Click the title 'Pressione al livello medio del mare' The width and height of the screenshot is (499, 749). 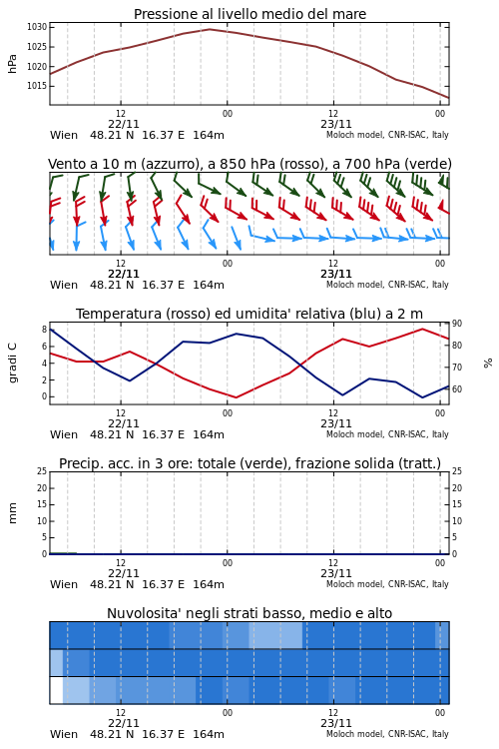(249, 14)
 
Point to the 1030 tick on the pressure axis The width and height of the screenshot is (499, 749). (37, 27)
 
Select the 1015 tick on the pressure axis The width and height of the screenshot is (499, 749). (37, 86)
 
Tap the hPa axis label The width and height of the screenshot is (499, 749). (12, 64)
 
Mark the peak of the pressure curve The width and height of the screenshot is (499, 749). (210, 29)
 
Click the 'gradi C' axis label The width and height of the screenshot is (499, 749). (12, 363)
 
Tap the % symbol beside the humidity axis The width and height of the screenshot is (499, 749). (488, 364)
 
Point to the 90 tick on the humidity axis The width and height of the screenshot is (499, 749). (457, 324)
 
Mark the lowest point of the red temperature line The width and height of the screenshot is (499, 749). (236, 397)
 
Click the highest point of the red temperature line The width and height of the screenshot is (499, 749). (422, 329)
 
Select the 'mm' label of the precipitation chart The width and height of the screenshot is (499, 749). (12, 512)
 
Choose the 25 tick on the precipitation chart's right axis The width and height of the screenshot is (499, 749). (457, 471)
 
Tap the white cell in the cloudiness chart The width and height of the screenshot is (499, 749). (56, 690)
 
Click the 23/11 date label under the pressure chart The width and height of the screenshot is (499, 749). (336, 124)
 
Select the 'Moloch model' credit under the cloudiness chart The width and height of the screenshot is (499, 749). (354, 734)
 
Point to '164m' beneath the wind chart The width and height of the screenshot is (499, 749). (209, 286)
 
